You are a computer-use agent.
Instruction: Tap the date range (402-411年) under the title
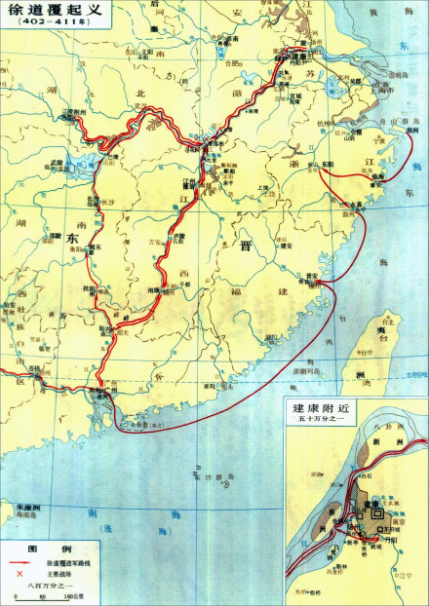(x=46, y=26)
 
